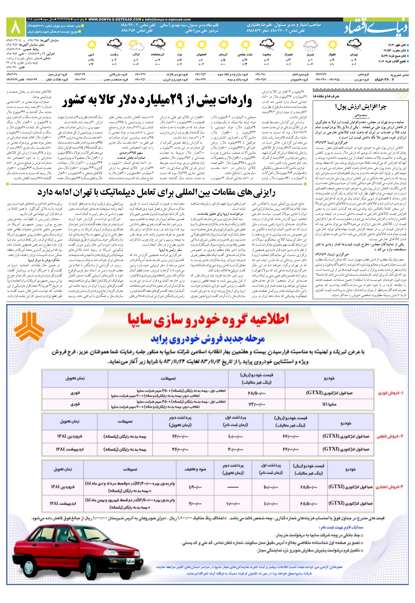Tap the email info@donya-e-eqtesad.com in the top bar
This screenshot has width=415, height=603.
click(168, 20)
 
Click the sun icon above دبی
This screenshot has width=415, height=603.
click(91, 45)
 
